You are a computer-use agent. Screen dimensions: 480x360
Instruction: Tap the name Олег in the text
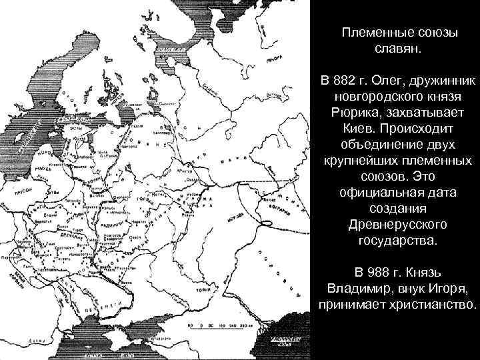click(x=385, y=81)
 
